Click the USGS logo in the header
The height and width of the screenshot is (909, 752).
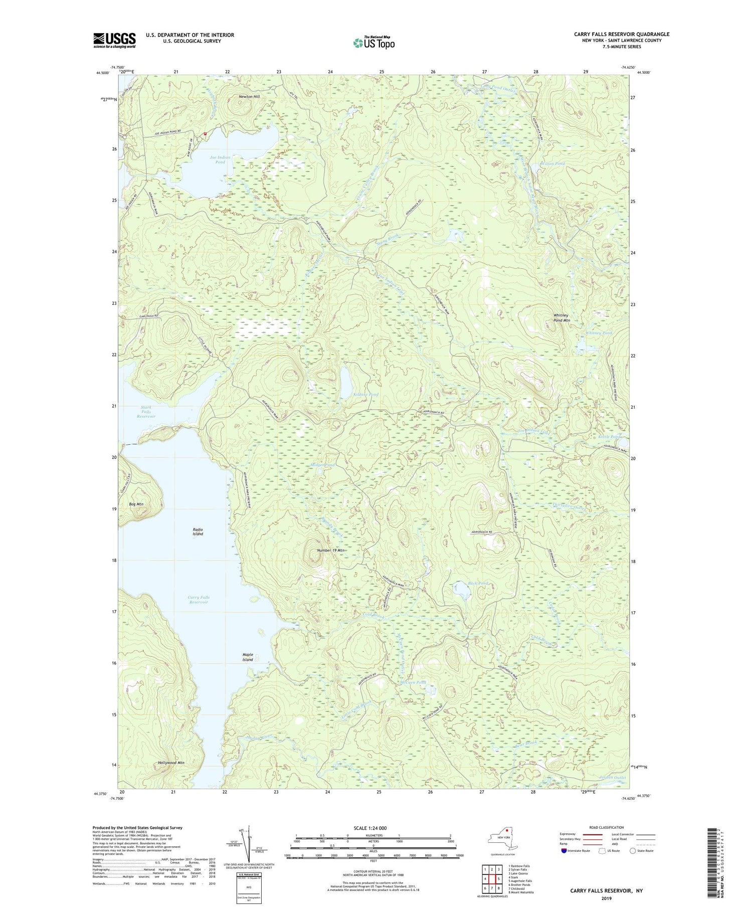[x=114, y=40]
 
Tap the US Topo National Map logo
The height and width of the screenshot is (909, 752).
[x=373, y=43]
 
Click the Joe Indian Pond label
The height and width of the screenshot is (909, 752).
[x=221, y=160]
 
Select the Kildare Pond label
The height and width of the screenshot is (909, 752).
[x=365, y=395]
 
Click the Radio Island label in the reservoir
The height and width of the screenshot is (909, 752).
[x=198, y=531]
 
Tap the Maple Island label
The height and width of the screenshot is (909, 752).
[x=248, y=657]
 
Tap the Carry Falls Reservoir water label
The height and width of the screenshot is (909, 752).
[x=199, y=600]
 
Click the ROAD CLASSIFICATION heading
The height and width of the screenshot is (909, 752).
[x=607, y=827]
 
